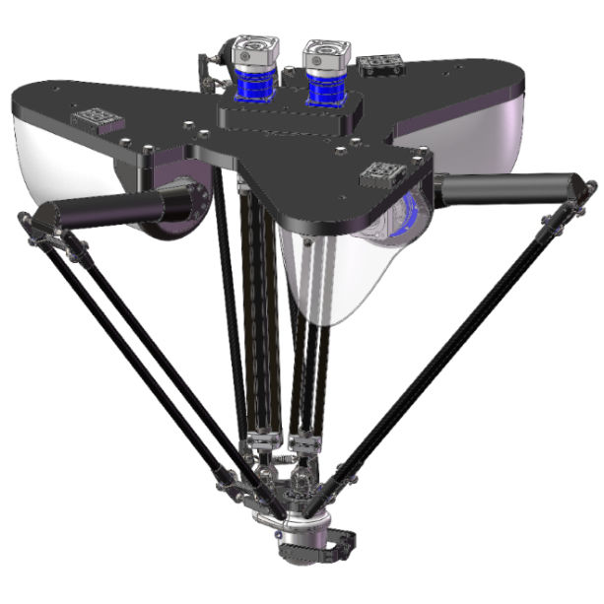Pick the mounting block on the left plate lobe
[x=97, y=121]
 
